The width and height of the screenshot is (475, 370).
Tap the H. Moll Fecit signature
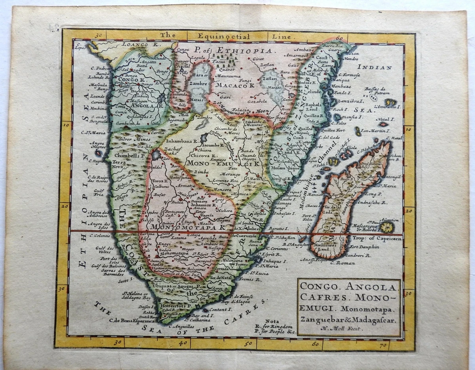pos(344,328)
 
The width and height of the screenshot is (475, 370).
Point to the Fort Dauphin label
pos(365,247)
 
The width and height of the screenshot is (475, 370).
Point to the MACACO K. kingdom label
pos(235,84)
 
